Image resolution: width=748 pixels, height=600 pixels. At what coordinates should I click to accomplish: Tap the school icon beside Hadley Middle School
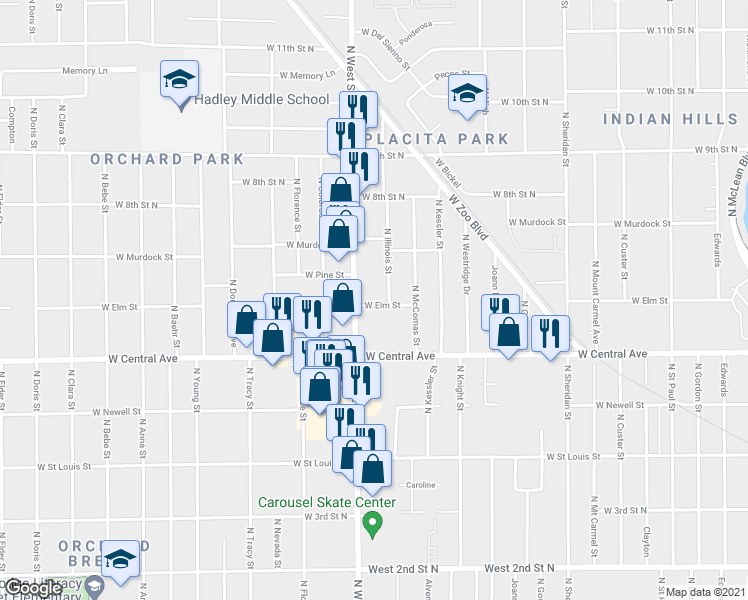(180, 80)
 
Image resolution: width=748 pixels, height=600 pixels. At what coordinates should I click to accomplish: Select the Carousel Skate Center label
(327, 503)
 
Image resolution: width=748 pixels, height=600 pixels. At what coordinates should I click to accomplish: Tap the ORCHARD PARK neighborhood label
(167, 159)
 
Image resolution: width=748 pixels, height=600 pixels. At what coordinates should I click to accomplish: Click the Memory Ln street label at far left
(84, 71)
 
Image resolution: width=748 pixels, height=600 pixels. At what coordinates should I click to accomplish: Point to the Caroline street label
(421, 485)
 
